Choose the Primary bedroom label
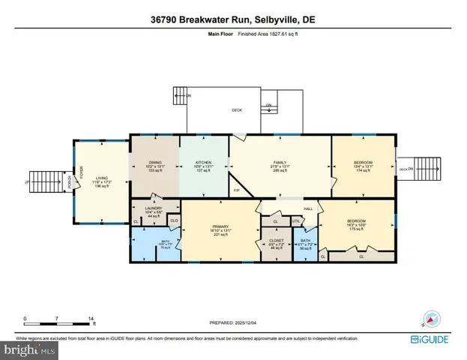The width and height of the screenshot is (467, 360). [x=220, y=227]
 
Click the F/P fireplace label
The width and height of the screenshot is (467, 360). [x=237, y=190]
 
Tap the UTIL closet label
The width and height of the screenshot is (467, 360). [x=296, y=221]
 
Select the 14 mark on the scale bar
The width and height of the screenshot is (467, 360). [x=91, y=318]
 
